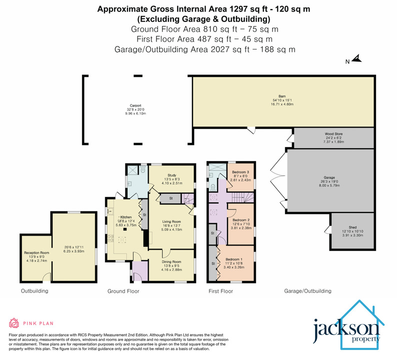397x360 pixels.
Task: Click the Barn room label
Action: click(x=282, y=96)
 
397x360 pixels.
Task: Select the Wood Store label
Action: click(x=334, y=134)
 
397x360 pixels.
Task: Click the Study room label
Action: click(x=172, y=175)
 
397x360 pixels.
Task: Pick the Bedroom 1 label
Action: click(x=233, y=259)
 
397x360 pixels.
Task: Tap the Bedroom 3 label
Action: click(x=240, y=172)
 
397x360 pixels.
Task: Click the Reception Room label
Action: click(x=37, y=253)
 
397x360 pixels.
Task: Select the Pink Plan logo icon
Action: click(x=14, y=323)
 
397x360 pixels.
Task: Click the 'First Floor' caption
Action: click(x=220, y=290)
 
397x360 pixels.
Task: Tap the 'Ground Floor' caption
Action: click(x=123, y=290)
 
